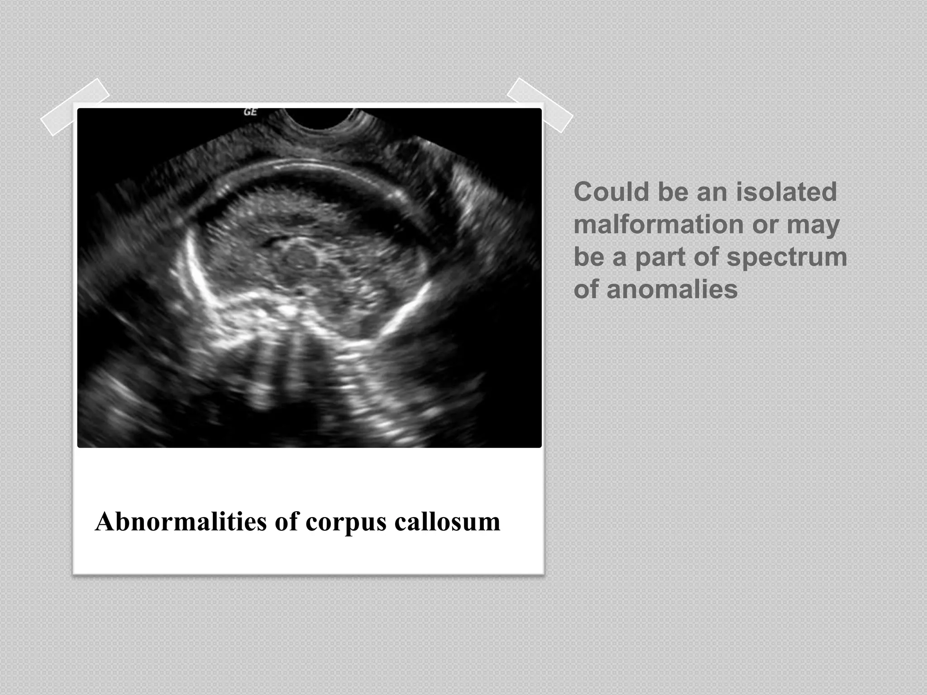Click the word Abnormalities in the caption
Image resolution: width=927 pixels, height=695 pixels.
coord(181,522)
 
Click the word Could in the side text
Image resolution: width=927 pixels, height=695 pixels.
coord(612,192)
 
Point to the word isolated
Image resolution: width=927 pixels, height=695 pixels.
coord(786,192)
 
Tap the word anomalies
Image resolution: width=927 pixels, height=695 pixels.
coord(672,290)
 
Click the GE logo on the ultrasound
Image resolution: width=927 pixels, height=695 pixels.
coord(250,112)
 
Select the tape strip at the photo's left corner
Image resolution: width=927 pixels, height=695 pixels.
coord(75,107)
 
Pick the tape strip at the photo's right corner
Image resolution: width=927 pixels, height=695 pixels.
coord(540,105)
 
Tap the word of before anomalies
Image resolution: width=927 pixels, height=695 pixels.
coord(587,290)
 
